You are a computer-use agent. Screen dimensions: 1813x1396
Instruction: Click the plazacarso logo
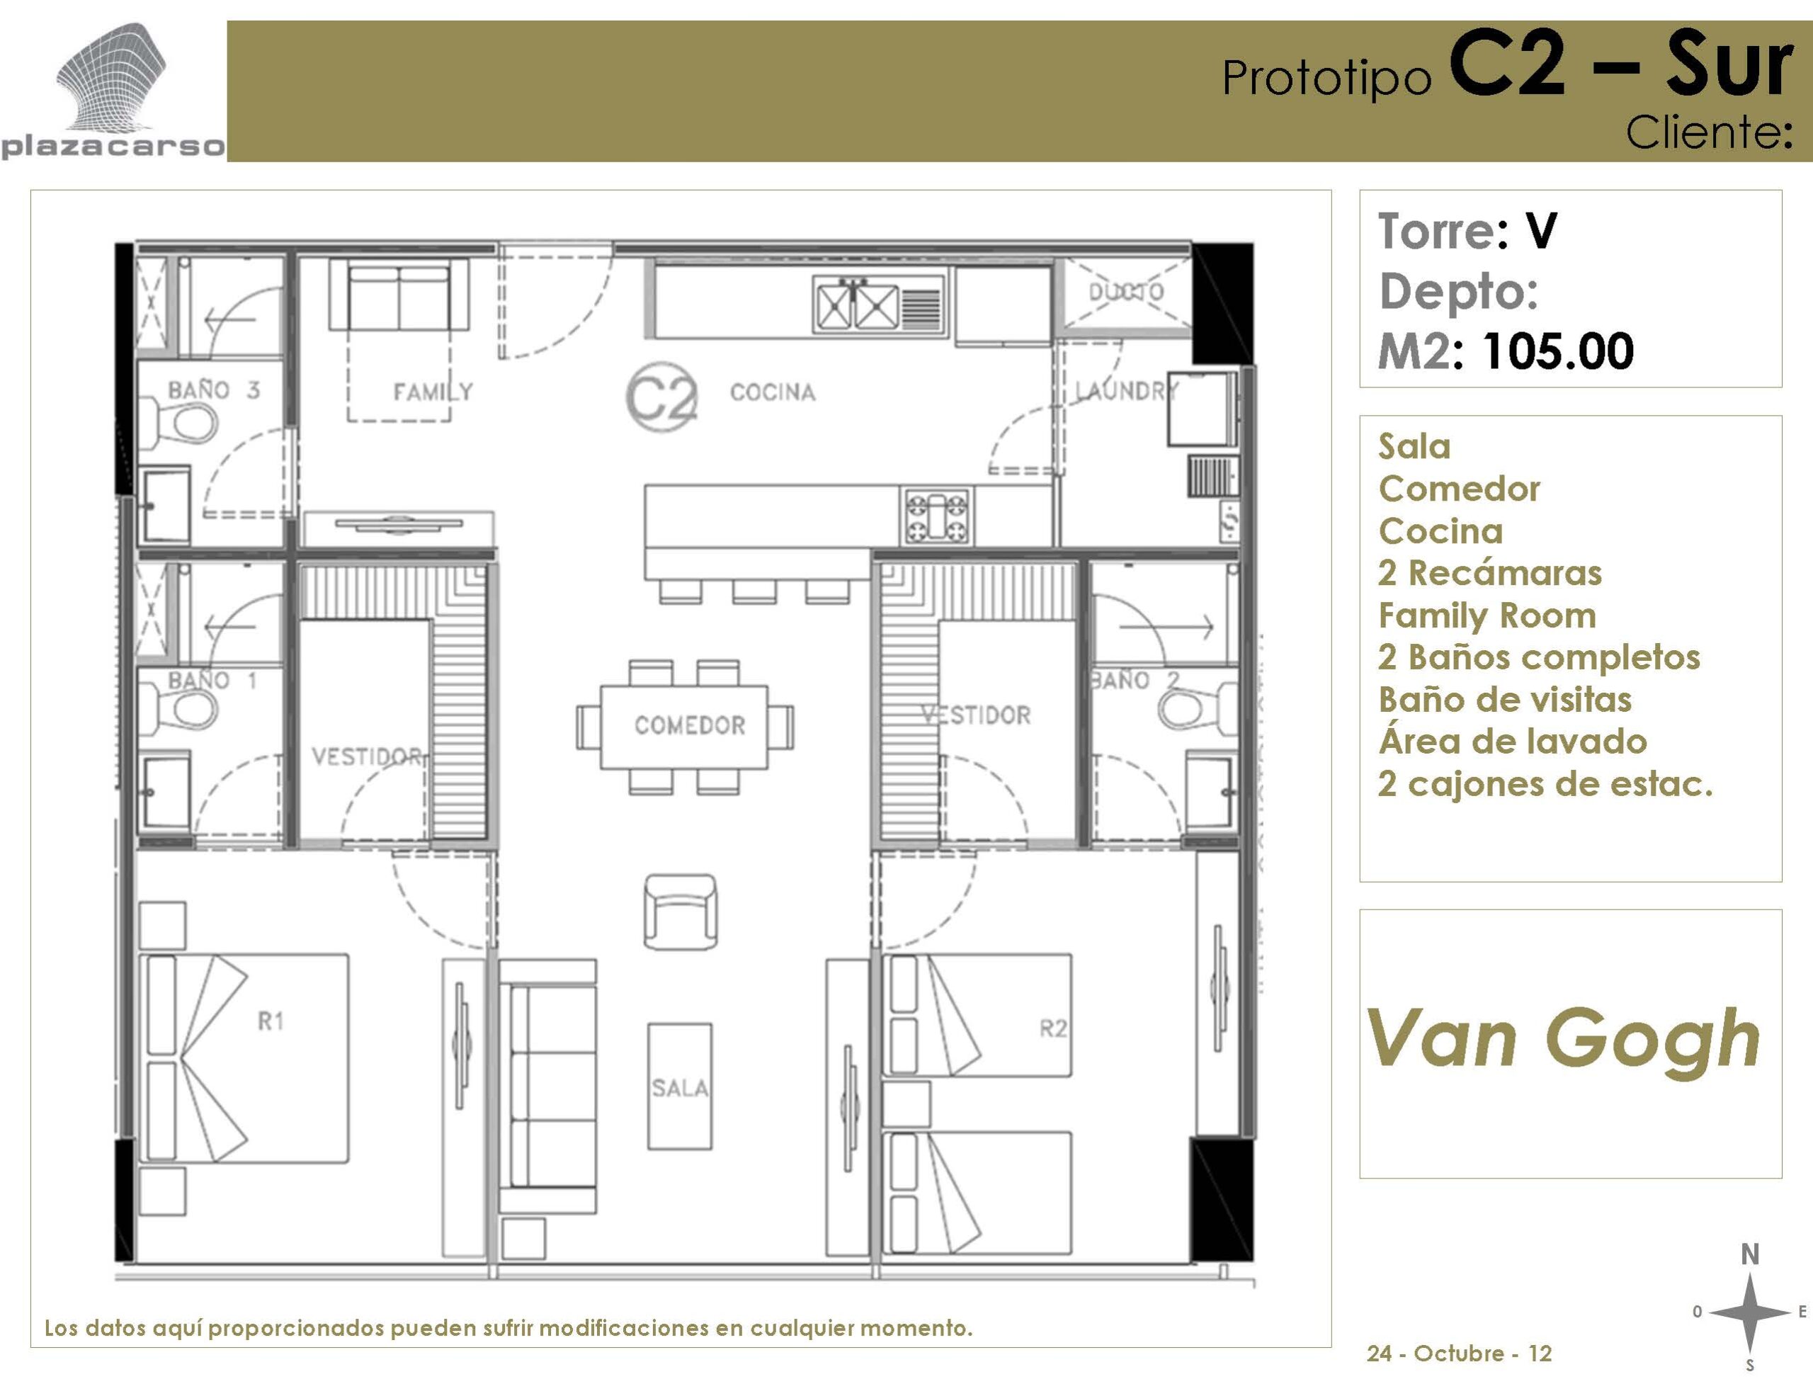112,91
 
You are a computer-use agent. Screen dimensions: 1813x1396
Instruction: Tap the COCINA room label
773,392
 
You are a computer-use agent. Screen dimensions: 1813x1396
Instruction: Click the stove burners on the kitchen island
936,516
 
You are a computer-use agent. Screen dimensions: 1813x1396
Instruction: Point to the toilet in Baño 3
177,421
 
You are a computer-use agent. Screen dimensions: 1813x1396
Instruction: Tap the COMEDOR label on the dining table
690,725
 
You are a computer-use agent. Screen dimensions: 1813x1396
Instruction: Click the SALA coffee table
680,1086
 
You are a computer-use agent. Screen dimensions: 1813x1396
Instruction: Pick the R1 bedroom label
271,1022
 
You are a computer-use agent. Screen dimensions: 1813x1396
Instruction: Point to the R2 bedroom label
1053,1029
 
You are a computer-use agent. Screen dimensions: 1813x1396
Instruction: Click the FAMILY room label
433,392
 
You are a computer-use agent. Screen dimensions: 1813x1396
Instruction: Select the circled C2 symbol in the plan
661,397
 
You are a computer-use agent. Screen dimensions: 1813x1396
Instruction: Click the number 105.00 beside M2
1557,351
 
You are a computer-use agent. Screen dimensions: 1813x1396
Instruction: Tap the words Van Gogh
1563,1039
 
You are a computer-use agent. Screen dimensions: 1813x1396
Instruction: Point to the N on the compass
1750,1254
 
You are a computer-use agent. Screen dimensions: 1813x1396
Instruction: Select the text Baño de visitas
1505,700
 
